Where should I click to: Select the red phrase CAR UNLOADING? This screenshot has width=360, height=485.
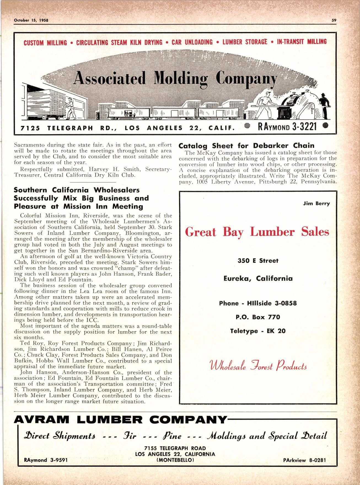coord(192,42)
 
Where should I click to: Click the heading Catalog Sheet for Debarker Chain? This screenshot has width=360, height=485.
coord(246,145)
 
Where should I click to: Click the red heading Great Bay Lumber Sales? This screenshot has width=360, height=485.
coord(257,231)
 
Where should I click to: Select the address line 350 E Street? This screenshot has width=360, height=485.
coord(258,260)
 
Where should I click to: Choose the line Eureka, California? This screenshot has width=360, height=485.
coord(258,278)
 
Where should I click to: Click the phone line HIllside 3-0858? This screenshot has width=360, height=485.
coord(258,303)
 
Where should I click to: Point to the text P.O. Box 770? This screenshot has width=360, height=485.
coord(258,317)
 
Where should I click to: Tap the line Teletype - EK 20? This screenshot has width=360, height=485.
coord(258,331)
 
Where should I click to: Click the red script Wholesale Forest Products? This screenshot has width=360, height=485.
coord(258,366)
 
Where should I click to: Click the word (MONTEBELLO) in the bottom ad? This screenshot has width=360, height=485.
coord(175,460)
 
